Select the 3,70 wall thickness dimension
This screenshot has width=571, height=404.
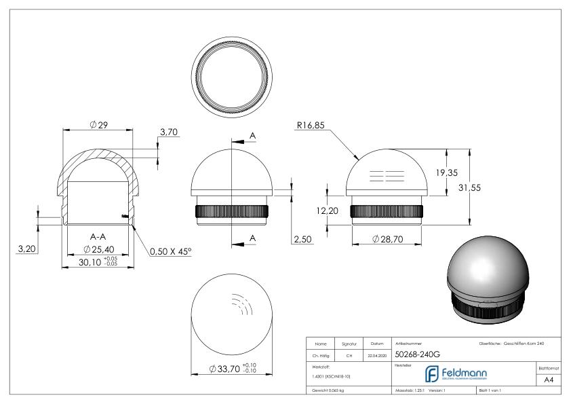[x=168, y=132]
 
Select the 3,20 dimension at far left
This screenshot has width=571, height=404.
[x=26, y=250]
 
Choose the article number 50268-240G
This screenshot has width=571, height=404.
[x=418, y=354]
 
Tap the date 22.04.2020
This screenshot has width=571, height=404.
[x=376, y=354]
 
